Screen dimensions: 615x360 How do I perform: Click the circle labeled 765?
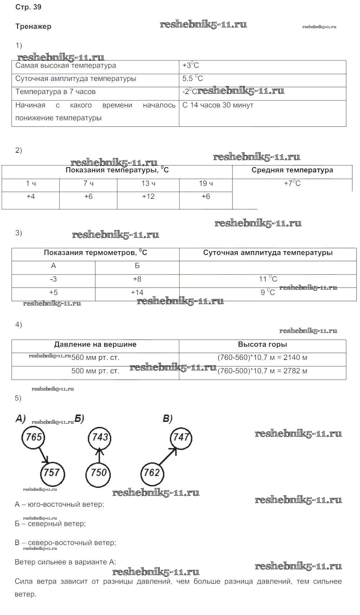click(x=34, y=437)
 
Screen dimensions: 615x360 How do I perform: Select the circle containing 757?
click(x=52, y=472)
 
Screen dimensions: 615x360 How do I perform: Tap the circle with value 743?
click(x=100, y=437)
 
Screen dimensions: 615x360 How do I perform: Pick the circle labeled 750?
click(x=98, y=473)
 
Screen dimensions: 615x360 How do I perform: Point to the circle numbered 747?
click(x=181, y=437)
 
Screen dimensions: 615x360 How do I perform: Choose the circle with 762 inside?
click(x=152, y=472)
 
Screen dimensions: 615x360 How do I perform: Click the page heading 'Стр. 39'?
click(x=28, y=7)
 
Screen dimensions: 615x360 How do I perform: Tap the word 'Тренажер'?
click(x=33, y=26)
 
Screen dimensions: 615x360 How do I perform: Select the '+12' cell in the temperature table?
click(x=148, y=197)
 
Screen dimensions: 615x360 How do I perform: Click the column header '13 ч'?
click(x=148, y=184)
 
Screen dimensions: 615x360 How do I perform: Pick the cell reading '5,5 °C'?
click(x=193, y=79)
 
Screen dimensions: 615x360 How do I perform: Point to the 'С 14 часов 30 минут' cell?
click(x=218, y=105)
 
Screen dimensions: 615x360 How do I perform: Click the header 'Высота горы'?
click(x=262, y=345)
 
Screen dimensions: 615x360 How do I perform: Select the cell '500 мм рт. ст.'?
click(x=95, y=371)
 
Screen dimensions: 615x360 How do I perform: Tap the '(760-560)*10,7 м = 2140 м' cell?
click(x=262, y=358)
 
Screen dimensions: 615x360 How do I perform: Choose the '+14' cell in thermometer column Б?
click(x=137, y=293)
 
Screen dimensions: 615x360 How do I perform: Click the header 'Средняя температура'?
click(x=292, y=170)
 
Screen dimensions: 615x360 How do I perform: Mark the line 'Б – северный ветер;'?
click(x=50, y=524)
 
